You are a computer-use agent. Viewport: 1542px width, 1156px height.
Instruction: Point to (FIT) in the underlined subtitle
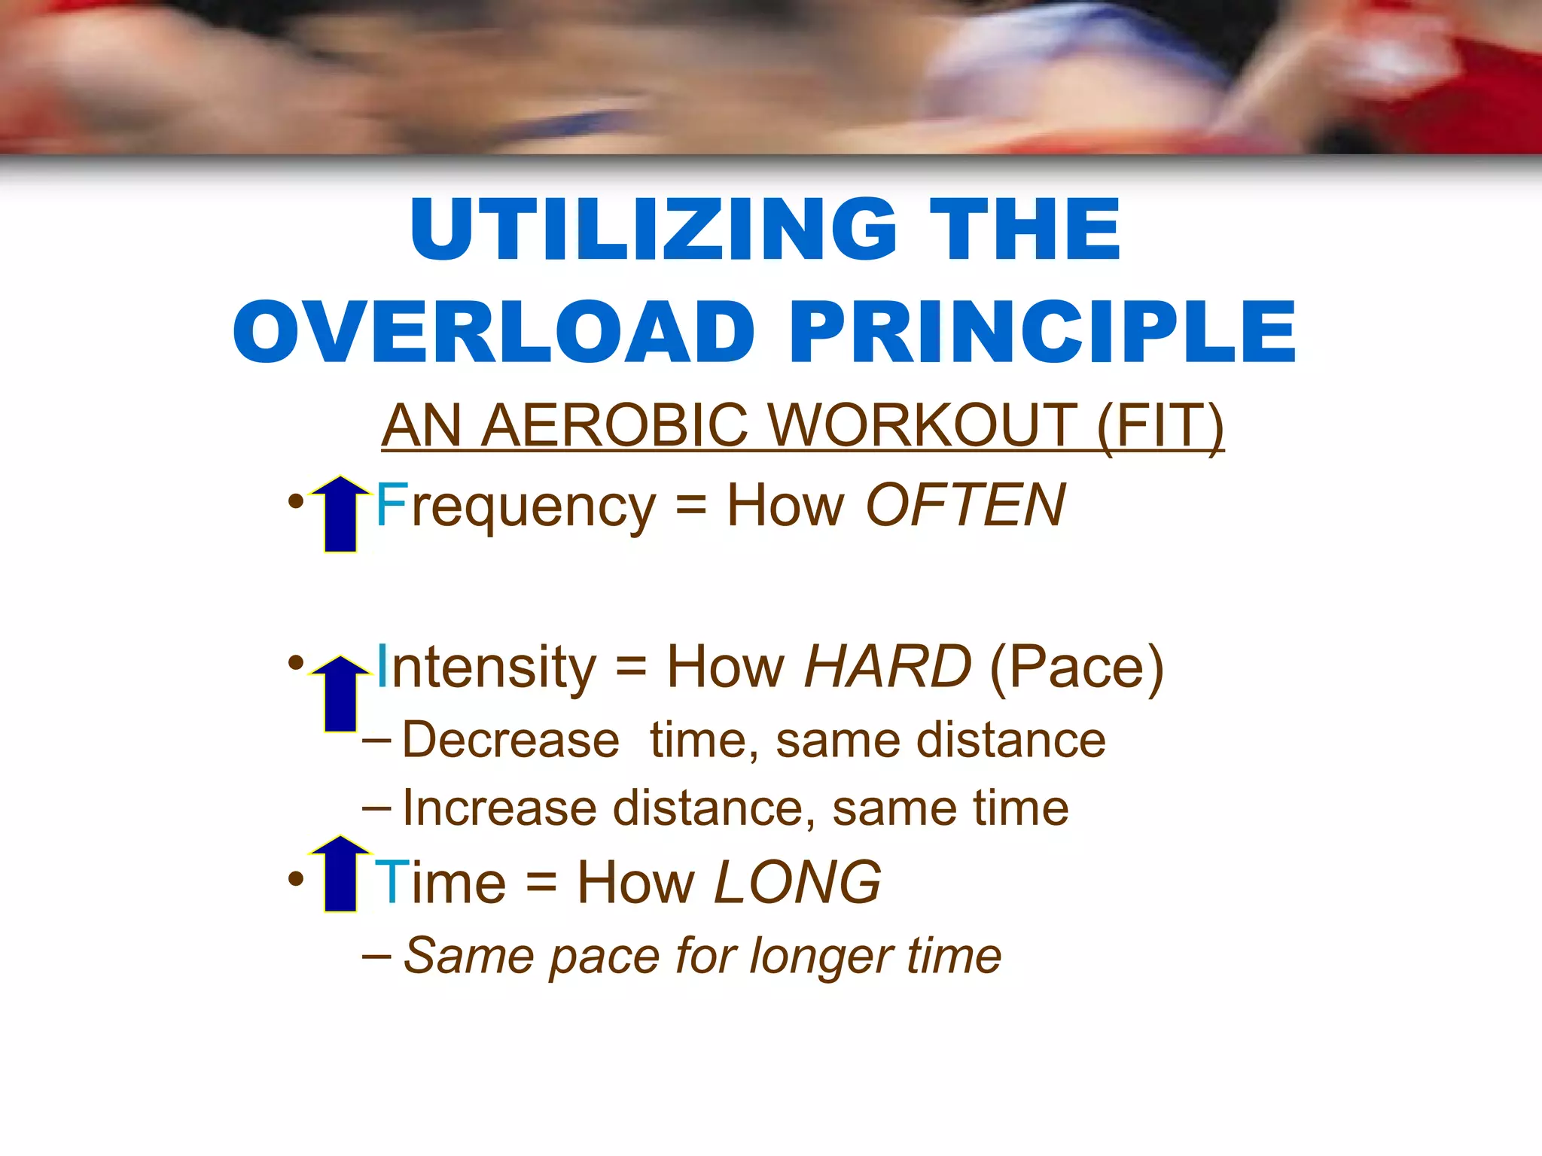tap(1160, 426)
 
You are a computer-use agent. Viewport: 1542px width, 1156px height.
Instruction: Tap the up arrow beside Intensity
tap(340, 693)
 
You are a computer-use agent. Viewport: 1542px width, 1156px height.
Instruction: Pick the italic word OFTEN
tap(966, 505)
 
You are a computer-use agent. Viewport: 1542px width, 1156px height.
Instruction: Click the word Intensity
tap(486, 668)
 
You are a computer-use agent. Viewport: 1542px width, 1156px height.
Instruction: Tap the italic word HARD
tap(888, 667)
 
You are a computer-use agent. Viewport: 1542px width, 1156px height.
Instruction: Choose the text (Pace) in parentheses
tap(1077, 668)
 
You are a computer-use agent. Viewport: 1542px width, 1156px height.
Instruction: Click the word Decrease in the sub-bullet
tap(510, 740)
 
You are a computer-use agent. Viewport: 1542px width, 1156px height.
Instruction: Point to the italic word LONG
tap(797, 883)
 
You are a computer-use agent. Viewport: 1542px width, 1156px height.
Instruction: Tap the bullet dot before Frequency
tap(296, 501)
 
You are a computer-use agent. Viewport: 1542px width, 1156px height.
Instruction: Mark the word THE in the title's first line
tap(1025, 230)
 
